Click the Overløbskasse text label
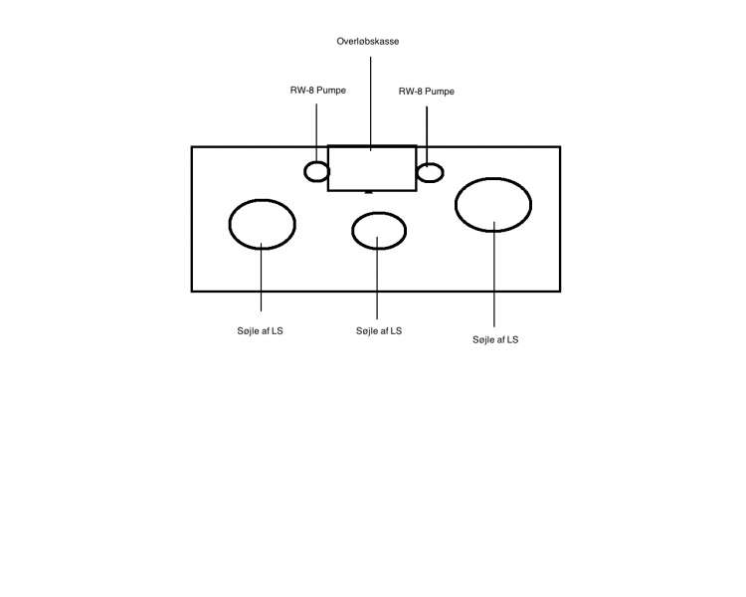[368, 42]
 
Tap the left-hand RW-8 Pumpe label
[318, 91]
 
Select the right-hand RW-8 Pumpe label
[426, 91]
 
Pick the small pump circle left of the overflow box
[316, 172]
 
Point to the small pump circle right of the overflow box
[430, 173]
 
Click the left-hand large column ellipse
[263, 224]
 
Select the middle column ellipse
[379, 230]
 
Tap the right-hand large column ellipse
[493, 204]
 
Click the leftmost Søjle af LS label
[261, 330]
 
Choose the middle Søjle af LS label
[379, 330]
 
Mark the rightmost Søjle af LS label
[495, 339]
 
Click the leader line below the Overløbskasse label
[371, 99]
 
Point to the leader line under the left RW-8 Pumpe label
[317, 129]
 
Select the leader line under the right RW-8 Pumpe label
[427, 134]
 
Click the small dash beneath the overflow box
[369, 192]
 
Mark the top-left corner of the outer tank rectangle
[192, 147]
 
